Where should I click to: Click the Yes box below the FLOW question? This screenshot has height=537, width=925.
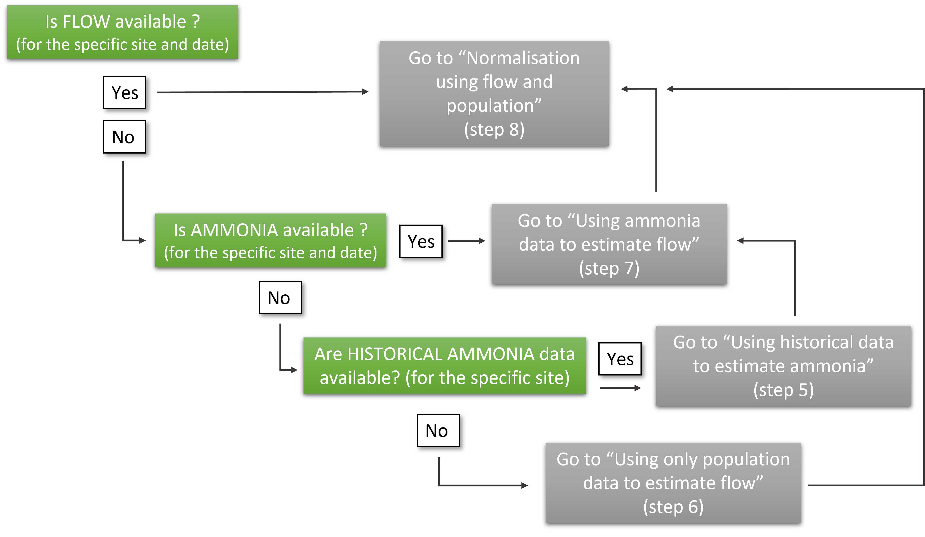pyautogui.click(x=124, y=92)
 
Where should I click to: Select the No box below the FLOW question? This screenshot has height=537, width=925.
pyautogui.click(x=124, y=137)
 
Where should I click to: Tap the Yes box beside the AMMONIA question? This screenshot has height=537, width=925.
pyautogui.click(x=421, y=241)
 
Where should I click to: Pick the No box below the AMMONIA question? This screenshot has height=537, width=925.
pyautogui.click(x=280, y=298)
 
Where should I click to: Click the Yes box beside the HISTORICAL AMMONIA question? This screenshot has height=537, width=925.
pyautogui.click(x=620, y=359)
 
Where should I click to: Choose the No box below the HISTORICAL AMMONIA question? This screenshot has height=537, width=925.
pyautogui.click(x=438, y=431)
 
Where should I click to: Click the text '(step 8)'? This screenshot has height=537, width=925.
pyautogui.click(x=494, y=129)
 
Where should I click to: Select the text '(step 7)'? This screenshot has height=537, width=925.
pyautogui.click(x=609, y=268)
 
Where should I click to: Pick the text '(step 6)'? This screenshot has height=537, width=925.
pyautogui.click(x=673, y=507)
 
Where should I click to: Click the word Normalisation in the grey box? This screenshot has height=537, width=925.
pyautogui.click(x=523, y=58)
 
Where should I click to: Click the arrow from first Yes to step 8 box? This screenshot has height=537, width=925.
pyautogui.click(x=262, y=92)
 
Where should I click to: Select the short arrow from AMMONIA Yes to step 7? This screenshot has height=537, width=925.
pyautogui.click(x=466, y=241)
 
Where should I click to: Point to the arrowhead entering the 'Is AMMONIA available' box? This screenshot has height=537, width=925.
pyautogui.click(x=142, y=240)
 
